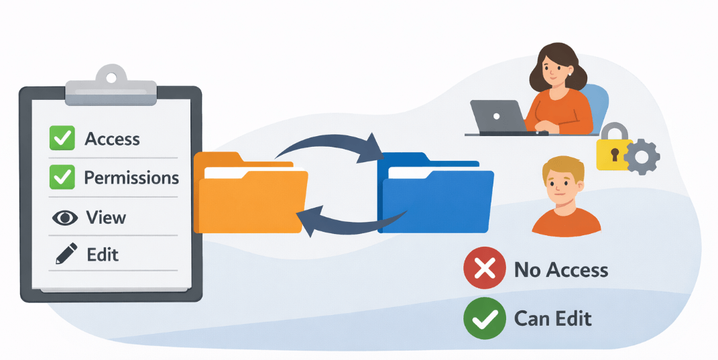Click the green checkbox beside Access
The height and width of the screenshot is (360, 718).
(x=62, y=138)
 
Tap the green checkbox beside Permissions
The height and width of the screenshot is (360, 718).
(x=62, y=177)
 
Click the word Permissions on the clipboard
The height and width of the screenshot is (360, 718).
(x=131, y=178)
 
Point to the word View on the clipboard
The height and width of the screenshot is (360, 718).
(x=106, y=217)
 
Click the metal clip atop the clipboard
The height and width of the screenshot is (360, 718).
(x=111, y=83)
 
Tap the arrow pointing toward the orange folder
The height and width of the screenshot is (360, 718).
(x=349, y=224)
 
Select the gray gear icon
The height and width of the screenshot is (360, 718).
(x=641, y=158)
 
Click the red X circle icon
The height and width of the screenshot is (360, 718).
(x=484, y=269)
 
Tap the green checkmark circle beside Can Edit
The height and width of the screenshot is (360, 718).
(x=484, y=317)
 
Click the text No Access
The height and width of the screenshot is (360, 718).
(x=560, y=270)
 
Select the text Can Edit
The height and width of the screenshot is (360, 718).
(x=552, y=318)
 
